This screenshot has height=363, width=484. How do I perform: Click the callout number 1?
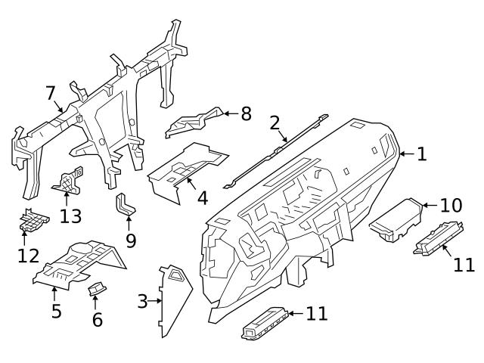pos(421,154)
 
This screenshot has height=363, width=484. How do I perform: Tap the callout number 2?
pos(275,123)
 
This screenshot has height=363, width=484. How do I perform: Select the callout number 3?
pos(142,302)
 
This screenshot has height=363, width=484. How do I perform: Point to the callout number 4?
pos(202,198)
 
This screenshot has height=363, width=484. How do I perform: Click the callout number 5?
pos(56,310)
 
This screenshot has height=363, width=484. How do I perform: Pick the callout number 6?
pos(97,319)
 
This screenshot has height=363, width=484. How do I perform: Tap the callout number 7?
pos(51,93)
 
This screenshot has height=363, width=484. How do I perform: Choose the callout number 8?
pos(246,114)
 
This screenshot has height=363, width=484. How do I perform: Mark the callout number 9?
pos(130,241)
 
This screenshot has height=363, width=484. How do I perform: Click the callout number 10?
pos(450,205)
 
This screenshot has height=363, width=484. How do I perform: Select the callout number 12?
pos(28,255)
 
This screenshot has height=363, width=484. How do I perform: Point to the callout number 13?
pos(70,217)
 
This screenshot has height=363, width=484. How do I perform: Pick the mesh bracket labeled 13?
pos(69,178)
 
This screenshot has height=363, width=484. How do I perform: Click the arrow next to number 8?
pos(228,114)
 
